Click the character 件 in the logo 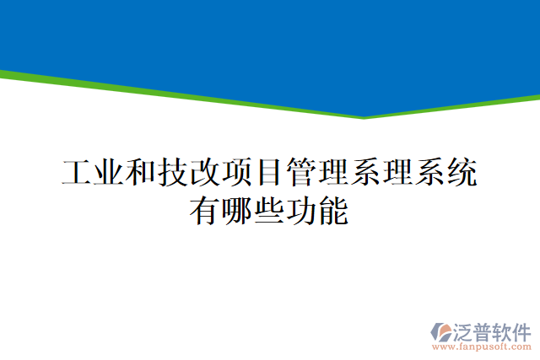pyautogui.click(x=522, y=330)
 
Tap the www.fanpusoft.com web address pyautogui.click(x=482, y=347)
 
